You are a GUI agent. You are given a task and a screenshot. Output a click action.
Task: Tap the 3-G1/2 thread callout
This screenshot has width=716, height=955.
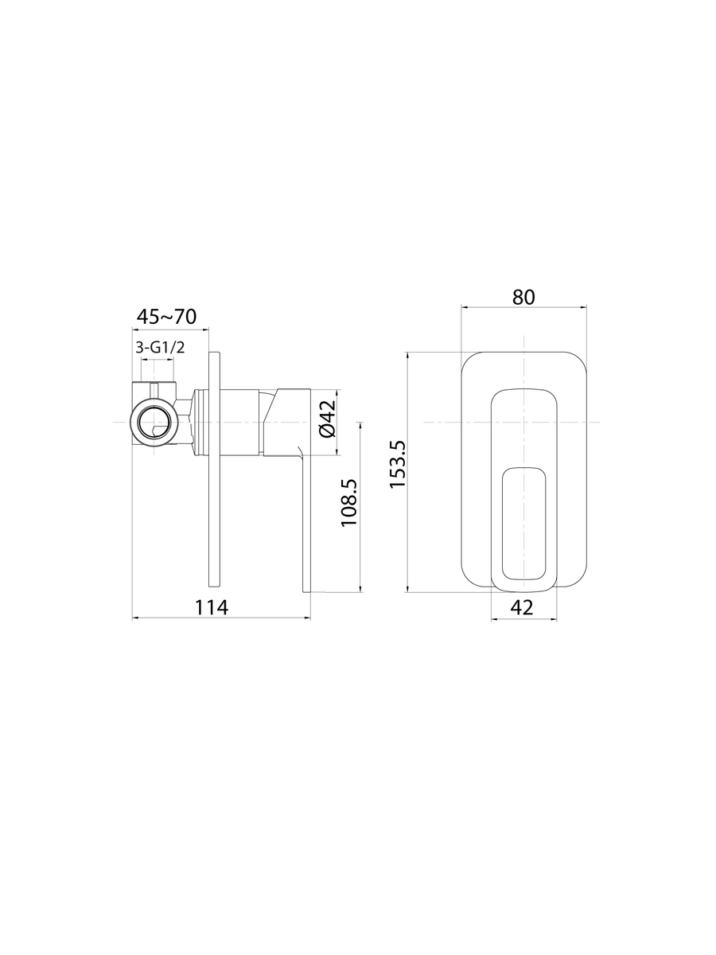[x=160, y=347]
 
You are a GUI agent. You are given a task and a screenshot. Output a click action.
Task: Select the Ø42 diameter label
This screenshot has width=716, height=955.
[x=328, y=418]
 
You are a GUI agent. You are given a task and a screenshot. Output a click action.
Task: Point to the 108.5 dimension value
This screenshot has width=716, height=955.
[x=349, y=502]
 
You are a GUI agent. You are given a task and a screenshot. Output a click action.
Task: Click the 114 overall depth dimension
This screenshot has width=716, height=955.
[x=212, y=607]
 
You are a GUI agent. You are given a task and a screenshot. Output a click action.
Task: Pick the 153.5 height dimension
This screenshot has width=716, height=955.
[x=398, y=464]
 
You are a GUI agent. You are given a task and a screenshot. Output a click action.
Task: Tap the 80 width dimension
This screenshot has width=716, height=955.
[x=523, y=297]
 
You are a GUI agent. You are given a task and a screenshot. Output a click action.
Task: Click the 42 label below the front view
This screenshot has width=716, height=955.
[x=523, y=607]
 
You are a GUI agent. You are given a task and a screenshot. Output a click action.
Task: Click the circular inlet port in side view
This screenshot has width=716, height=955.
[x=154, y=422]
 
